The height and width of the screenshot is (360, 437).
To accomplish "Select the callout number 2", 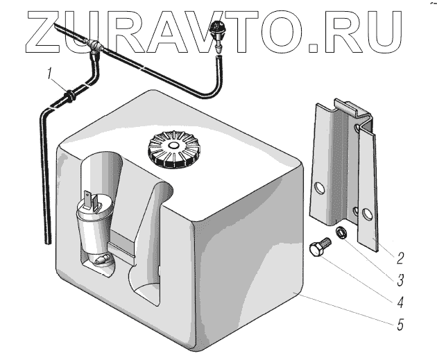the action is pos(400,259).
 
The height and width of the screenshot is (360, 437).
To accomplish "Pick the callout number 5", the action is pos(400,323).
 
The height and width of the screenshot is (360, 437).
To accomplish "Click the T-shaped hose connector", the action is pos(95,47).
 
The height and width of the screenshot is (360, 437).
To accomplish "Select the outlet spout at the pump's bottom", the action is pos(101,262).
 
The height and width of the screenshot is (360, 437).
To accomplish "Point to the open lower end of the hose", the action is pos(48,239).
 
